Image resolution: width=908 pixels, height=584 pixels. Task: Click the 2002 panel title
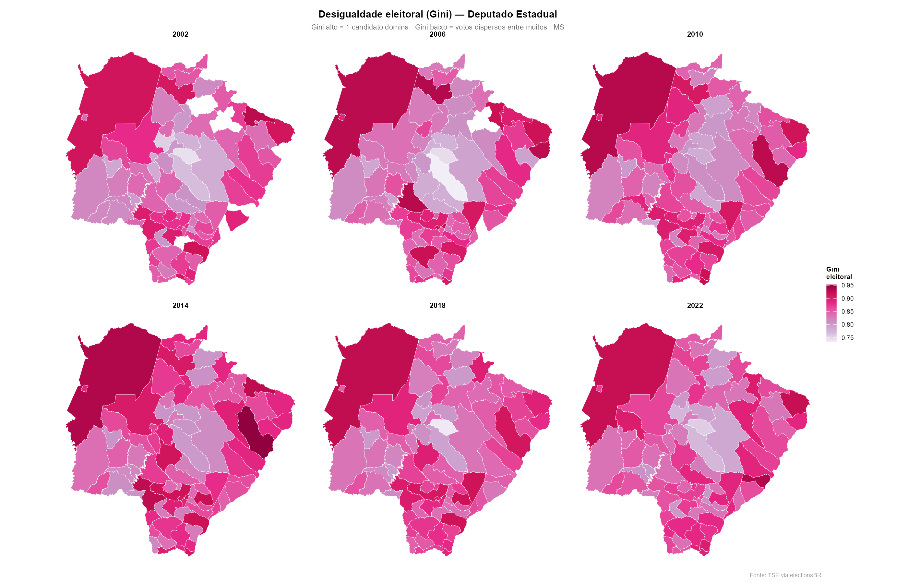click(x=180, y=34)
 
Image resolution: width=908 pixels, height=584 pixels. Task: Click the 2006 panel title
click(x=437, y=34)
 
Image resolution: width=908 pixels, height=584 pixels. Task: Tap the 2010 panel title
click(x=695, y=34)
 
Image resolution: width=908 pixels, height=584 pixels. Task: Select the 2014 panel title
click(x=180, y=305)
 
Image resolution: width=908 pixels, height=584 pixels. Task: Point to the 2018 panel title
click(x=437, y=305)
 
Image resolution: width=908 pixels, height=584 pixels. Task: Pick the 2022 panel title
click(x=695, y=305)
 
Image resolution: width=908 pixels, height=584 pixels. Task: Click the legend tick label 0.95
click(x=847, y=286)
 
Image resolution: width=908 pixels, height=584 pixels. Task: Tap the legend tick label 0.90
click(x=847, y=298)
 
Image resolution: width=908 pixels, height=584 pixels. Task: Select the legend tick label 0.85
click(x=847, y=312)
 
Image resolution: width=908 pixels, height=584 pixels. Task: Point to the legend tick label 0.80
click(x=847, y=325)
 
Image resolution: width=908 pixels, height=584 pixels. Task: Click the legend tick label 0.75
click(x=847, y=338)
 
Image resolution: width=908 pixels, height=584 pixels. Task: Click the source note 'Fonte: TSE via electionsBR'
click(x=785, y=575)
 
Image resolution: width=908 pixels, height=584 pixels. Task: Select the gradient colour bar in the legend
click(x=831, y=313)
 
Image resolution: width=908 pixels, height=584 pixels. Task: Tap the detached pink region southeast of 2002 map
click(x=236, y=220)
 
